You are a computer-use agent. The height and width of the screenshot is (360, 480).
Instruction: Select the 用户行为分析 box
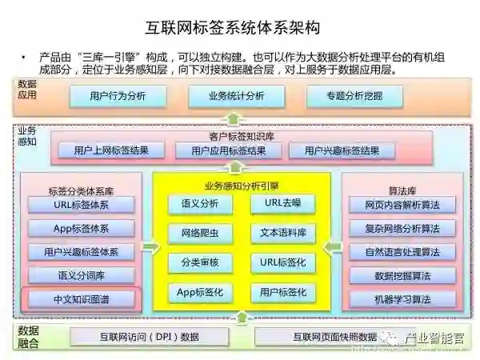click(x=118, y=97)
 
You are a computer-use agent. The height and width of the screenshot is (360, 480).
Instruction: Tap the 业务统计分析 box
click(x=236, y=97)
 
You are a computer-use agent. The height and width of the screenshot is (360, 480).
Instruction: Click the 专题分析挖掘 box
click(x=354, y=97)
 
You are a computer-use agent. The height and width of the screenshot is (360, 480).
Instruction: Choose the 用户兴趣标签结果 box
click(x=337, y=150)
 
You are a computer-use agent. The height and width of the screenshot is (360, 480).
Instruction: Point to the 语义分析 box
click(x=200, y=204)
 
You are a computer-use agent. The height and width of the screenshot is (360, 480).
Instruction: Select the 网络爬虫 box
click(x=200, y=234)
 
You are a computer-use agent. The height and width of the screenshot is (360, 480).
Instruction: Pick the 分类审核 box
click(x=200, y=262)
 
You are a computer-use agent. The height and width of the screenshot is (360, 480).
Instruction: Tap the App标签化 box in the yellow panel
click(x=200, y=292)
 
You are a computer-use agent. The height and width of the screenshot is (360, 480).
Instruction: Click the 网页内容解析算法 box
click(x=402, y=205)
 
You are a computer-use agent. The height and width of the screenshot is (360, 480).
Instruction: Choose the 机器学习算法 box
click(x=402, y=300)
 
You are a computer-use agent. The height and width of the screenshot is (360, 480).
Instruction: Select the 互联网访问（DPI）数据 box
click(x=150, y=336)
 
